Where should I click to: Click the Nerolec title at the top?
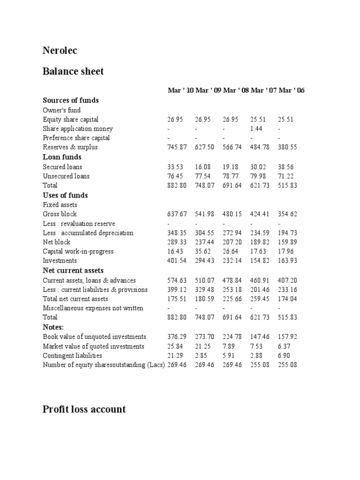point(60,51)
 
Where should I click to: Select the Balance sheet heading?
point(73,71)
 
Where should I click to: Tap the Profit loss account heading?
point(84,409)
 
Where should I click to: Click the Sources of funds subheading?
point(71,100)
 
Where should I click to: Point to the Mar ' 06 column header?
point(292,90)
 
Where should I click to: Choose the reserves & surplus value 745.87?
point(177,147)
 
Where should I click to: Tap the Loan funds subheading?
point(62,157)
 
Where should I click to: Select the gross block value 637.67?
point(177,214)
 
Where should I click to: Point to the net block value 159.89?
point(287,242)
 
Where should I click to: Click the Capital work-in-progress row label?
point(78,252)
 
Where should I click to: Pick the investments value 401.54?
point(177,261)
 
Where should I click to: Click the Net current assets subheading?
point(73,270)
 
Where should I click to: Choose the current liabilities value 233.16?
point(287,290)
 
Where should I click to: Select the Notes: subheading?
point(53,327)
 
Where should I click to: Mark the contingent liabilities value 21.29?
point(175,356)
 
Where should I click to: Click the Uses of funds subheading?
point(65,195)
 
